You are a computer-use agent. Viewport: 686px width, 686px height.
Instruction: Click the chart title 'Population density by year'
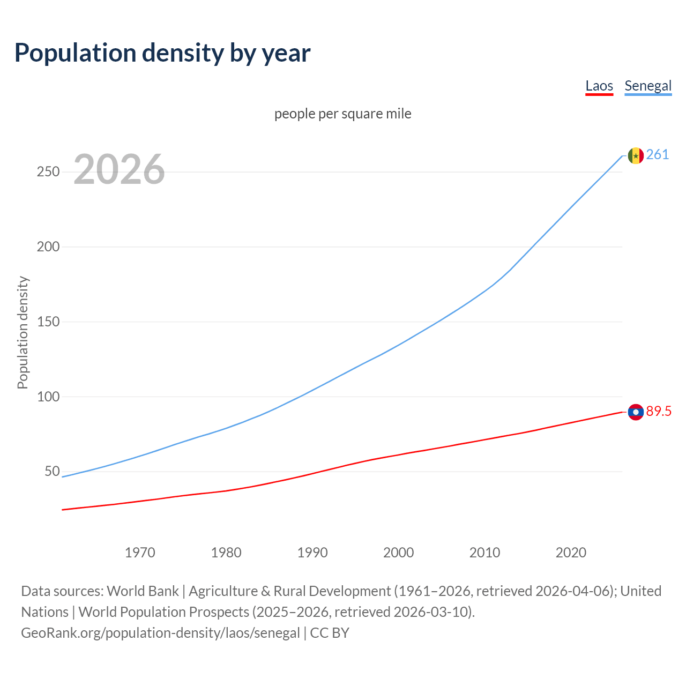(162, 53)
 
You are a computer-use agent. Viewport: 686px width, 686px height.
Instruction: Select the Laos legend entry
(599, 86)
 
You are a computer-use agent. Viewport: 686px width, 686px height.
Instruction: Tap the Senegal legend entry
(648, 86)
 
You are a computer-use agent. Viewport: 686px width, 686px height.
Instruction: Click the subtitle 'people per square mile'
(343, 114)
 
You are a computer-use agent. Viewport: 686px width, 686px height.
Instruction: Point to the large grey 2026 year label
(119, 169)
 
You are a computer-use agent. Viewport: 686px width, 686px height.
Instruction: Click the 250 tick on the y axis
(48, 172)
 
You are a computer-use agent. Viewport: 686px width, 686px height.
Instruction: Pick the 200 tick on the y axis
(48, 247)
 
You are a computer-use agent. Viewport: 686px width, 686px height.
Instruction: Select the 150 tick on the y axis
(48, 322)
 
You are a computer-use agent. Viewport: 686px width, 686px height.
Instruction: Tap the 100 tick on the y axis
(48, 397)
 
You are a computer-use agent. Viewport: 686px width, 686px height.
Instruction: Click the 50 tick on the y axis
(52, 472)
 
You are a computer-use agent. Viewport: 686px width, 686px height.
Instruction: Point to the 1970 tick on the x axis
(140, 553)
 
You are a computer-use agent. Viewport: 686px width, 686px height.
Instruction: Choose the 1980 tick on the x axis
(226, 553)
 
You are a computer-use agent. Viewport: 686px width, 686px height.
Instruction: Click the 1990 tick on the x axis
(312, 553)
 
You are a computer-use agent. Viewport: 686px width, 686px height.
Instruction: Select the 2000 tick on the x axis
(399, 553)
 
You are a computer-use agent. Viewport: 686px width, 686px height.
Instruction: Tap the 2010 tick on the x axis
(484, 553)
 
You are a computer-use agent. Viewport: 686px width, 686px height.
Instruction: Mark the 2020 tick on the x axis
(571, 553)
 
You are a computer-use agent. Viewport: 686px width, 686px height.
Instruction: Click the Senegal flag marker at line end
(636, 156)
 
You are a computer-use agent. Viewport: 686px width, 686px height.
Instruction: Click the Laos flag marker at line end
(636, 412)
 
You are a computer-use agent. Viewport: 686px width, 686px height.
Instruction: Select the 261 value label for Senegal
(658, 155)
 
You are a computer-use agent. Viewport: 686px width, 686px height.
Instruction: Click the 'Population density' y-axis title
(23, 332)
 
